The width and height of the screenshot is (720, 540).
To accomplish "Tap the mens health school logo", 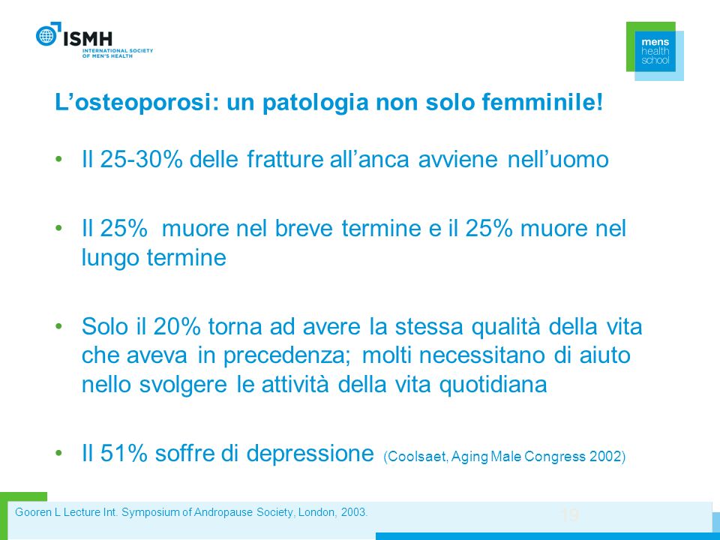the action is (655, 51).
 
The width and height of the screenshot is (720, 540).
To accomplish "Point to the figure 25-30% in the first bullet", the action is (141, 159).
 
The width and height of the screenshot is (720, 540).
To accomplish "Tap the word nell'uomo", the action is (558, 159).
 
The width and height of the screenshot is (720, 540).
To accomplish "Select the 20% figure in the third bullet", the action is (177, 326).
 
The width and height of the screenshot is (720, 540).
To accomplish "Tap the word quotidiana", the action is (493, 385).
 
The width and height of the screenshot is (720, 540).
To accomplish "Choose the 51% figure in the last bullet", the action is (123, 453).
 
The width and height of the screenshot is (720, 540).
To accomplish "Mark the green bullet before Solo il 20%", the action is (58, 326).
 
